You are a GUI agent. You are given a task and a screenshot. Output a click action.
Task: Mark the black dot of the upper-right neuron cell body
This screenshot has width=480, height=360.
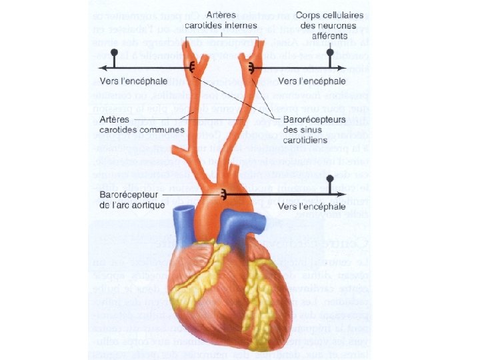point(330,51)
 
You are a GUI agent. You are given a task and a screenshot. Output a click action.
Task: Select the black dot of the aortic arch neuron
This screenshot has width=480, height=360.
point(330,179)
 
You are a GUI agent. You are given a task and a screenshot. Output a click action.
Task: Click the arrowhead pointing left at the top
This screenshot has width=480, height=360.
point(101,67)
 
